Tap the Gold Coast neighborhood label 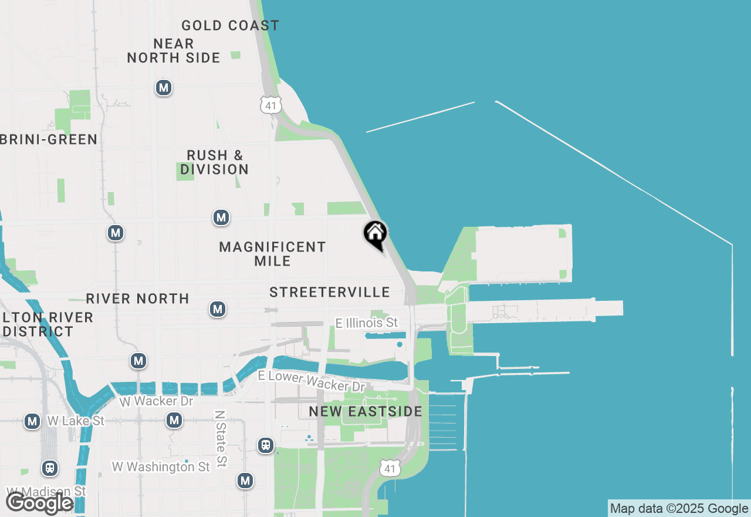230,26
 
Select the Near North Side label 174,51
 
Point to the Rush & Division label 215,162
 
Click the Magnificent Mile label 272,254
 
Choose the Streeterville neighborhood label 330,292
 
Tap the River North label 138,298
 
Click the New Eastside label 366,411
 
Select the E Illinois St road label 367,323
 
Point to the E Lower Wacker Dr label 312,381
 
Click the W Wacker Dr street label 156,401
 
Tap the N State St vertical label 221,439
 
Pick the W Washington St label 161,467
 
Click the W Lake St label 75,421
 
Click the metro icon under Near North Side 163,88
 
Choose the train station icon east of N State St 266,445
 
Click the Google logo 39,503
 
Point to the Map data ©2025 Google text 679,509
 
